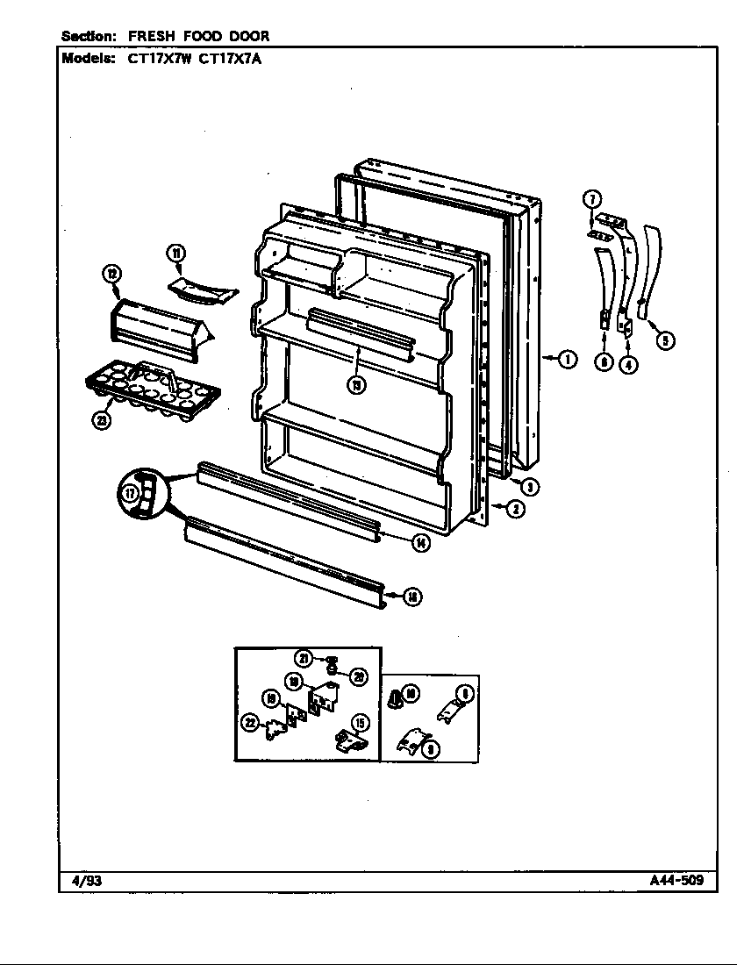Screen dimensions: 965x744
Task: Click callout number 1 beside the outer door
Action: click(568, 358)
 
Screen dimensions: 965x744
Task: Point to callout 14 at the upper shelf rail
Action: click(422, 542)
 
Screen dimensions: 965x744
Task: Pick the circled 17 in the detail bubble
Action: click(131, 494)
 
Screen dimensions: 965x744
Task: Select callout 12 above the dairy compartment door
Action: click(112, 275)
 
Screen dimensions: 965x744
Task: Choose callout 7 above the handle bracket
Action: click(592, 198)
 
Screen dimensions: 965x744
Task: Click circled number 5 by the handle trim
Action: click(667, 340)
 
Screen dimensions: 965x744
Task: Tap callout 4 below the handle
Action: click(628, 365)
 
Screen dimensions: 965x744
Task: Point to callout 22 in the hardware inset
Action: click(252, 722)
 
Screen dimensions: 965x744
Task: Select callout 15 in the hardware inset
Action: click(360, 723)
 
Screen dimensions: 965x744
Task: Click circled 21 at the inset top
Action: click(304, 658)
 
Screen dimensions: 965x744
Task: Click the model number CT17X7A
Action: click(231, 59)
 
